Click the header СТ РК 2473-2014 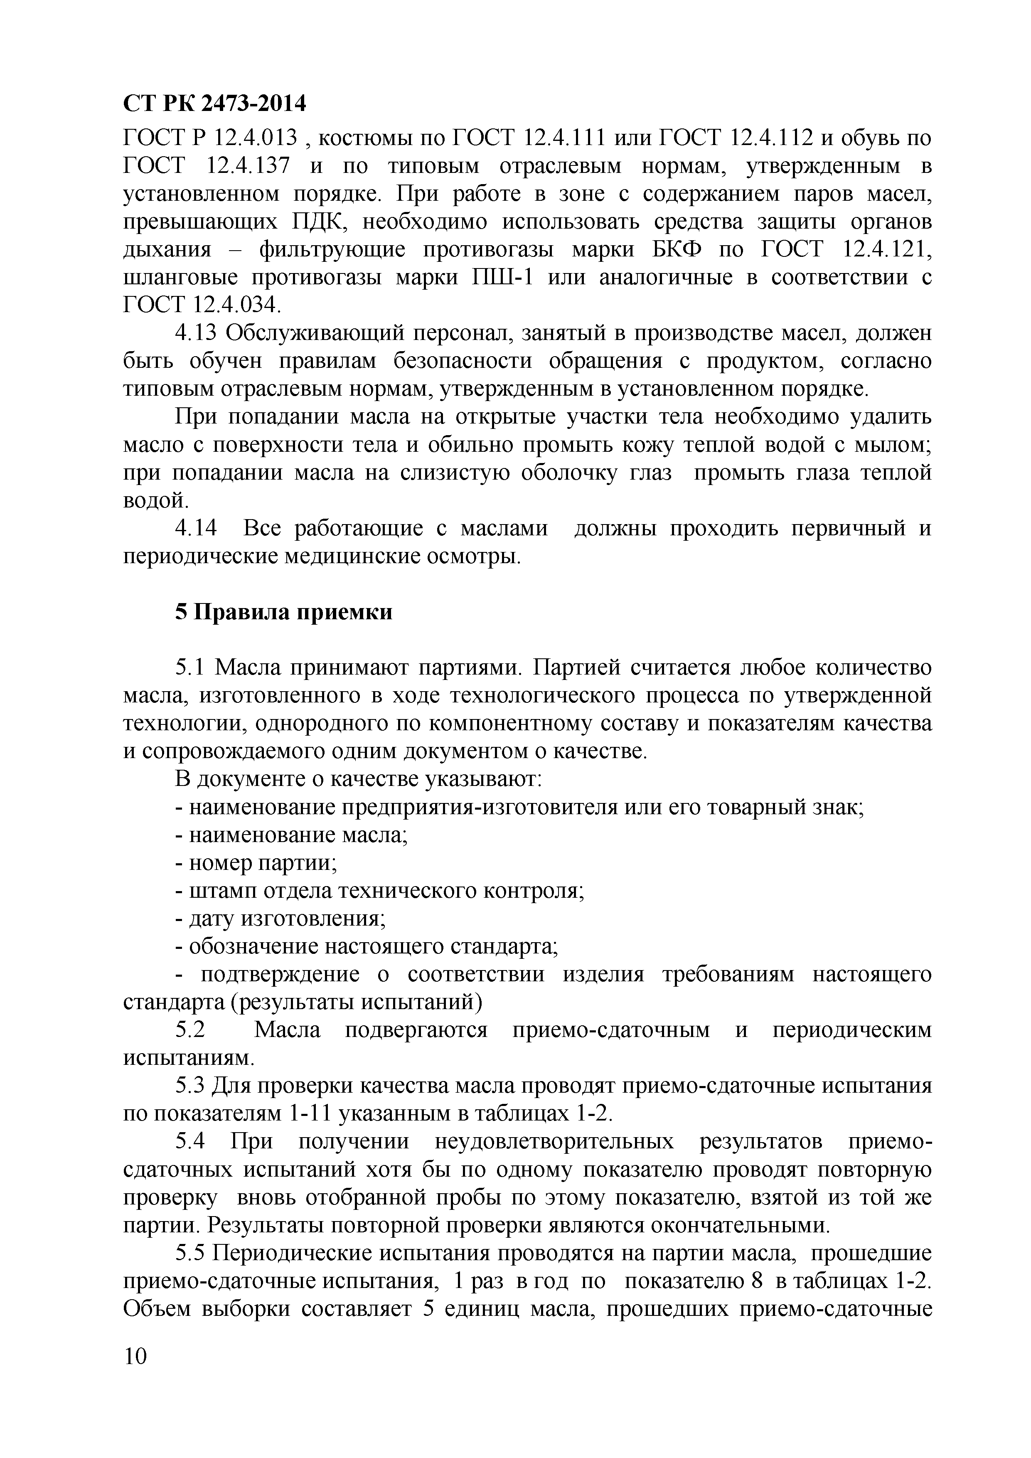214,103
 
